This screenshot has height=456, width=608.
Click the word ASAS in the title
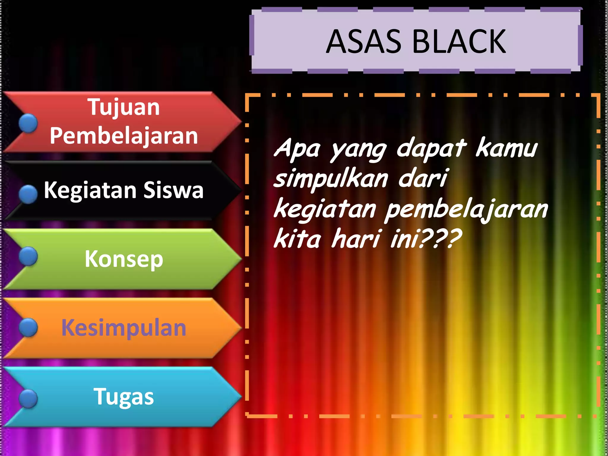tap(364, 42)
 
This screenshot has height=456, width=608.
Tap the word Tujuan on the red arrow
tap(123, 107)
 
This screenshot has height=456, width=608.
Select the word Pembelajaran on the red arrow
tap(123, 136)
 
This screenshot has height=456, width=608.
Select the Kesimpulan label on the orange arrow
tap(124, 328)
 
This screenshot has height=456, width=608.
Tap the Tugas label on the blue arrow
tap(124, 397)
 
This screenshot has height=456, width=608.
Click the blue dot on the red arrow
tap(28, 123)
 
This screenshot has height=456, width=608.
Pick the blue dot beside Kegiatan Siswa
tap(28, 194)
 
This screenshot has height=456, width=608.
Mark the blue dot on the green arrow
tap(28, 256)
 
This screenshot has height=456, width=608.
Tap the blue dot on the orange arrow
tap(28, 327)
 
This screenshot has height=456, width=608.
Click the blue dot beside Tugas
tap(28, 399)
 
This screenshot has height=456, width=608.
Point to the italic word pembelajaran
tap(466, 210)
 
